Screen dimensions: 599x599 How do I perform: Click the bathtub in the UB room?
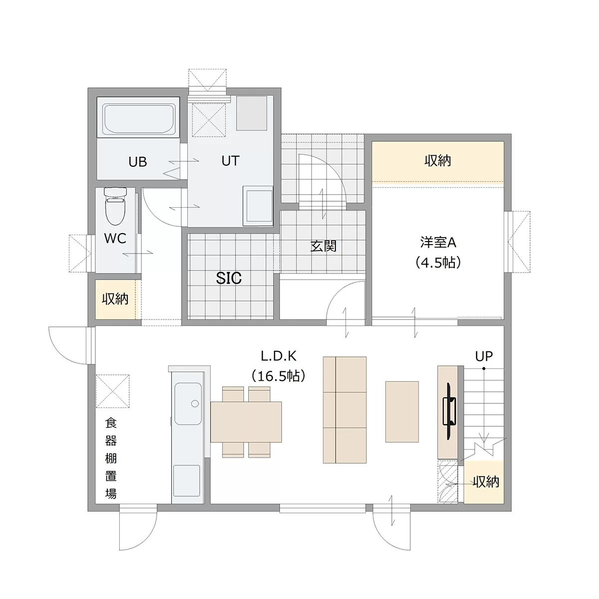click(x=138, y=117)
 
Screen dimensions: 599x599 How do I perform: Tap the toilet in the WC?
click(x=115, y=206)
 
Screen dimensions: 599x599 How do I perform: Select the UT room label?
click(x=230, y=161)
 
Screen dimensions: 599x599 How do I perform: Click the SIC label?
click(x=229, y=278)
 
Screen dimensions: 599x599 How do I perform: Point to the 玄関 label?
click(x=323, y=246)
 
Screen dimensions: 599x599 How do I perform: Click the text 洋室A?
click(x=438, y=243)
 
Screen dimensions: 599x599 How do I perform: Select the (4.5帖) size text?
click(x=438, y=263)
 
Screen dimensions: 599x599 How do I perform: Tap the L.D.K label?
click(x=279, y=356)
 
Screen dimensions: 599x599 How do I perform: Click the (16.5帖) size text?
click(x=279, y=376)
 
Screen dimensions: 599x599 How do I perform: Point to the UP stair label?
click(x=484, y=356)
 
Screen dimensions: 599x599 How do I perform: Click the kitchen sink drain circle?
click(x=195, y=403)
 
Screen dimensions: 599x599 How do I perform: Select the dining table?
click(x=246, y=422)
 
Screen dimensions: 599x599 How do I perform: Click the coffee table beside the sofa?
click(x=402, y=411)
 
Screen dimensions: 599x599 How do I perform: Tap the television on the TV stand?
click(x=449, y=411)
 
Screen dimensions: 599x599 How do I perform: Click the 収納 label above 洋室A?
click(x=438, y=161)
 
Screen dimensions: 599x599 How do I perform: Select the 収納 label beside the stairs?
click(x=486, y=482)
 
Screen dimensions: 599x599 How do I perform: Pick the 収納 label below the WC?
click(x=115, y=299)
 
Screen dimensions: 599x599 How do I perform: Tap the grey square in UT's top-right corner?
click(x=252, y=113)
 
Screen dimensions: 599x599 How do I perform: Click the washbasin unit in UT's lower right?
click(x=258, y=206)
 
